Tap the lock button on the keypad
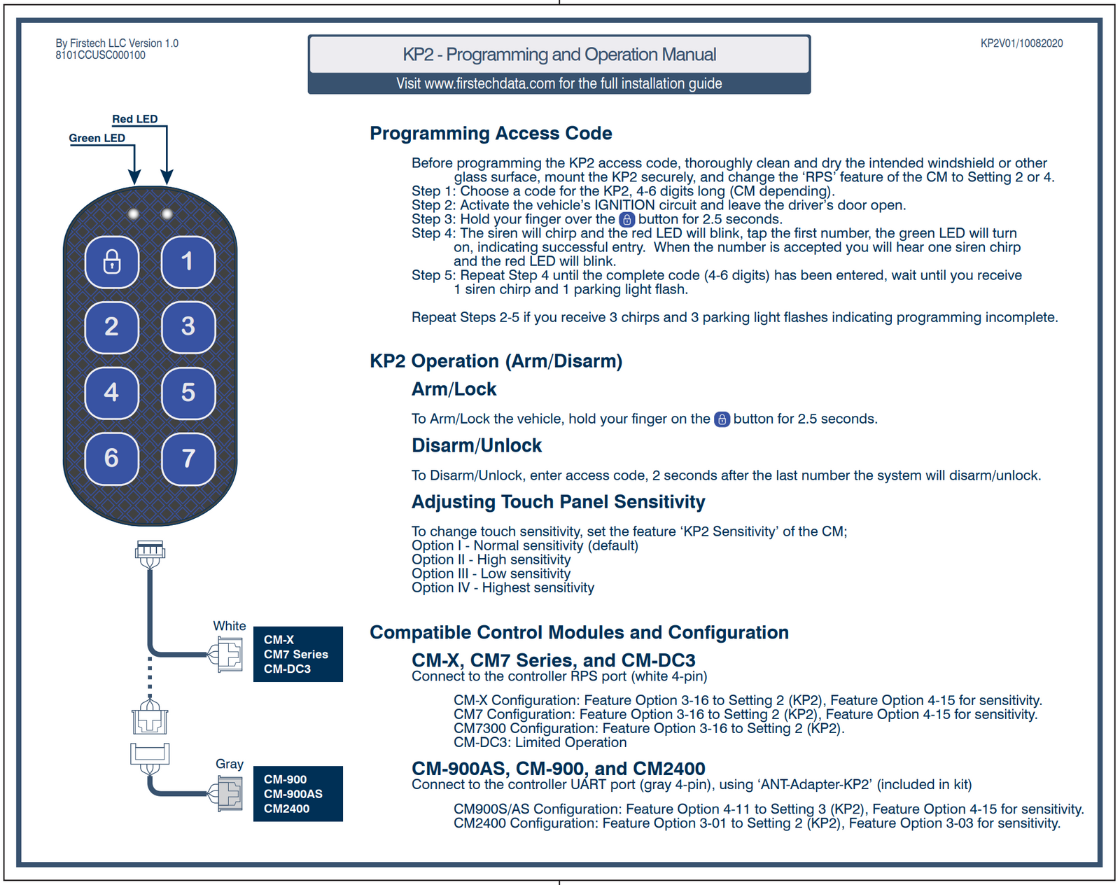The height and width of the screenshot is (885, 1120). tap(112, 262)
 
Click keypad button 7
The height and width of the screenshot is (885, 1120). tap(188, 459)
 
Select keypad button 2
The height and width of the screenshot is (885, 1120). tap(112, 327)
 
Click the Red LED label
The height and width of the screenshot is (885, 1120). tap(135, 119)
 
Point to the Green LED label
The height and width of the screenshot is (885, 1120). tap(97, 138)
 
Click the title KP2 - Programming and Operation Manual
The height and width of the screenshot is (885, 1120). tap(559, 55)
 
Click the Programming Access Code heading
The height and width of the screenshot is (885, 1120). tap(491, 133)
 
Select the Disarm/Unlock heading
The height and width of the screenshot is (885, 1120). tap(477, 445)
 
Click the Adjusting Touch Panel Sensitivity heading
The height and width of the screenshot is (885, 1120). tap(558, 502)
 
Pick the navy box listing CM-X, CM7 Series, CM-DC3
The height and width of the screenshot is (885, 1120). tap(297, 654)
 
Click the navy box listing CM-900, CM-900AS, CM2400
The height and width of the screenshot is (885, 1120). tap(297, 793)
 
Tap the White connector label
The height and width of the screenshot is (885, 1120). tap(230, 626)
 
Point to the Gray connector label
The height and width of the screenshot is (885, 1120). tap(230, 764)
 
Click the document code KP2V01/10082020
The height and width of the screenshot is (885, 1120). tap(1021, 43)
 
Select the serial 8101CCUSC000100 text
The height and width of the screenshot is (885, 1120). tap(101, 55)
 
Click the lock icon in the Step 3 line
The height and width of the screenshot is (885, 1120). tap(627, 219)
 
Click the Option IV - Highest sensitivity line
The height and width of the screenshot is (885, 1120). tap(503, 588)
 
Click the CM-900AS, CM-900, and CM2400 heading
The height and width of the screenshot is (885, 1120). tap(558, 769)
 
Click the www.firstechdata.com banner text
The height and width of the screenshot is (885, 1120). tap(559, 83)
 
